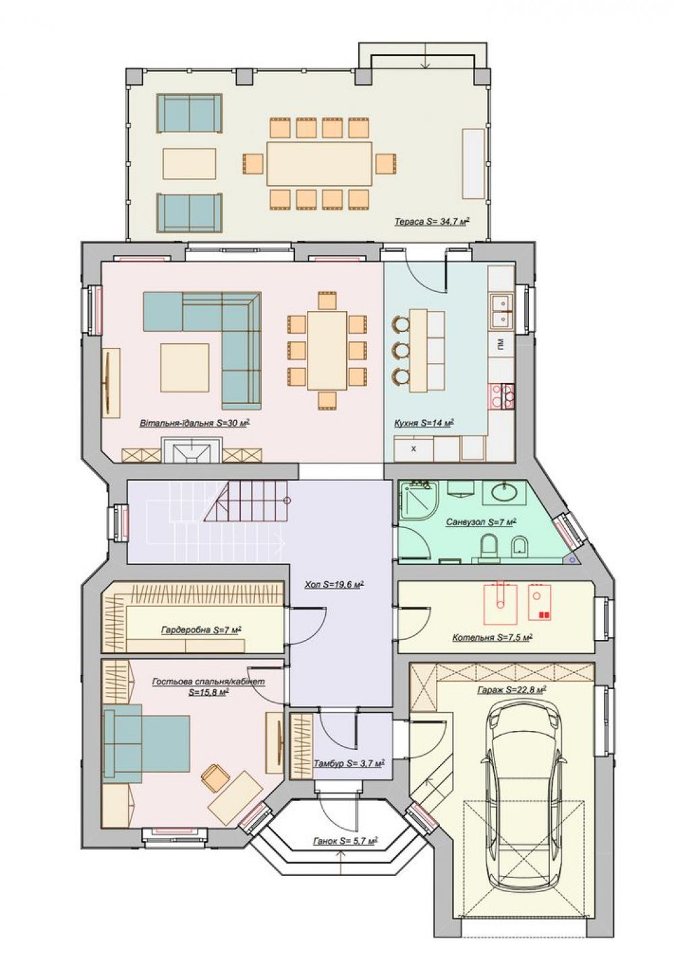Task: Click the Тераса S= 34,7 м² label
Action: (432, 222)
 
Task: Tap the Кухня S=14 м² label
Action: (424, 423)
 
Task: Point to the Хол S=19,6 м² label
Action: (335, 585)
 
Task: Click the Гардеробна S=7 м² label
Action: (201, 631)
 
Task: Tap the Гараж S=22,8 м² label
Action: (512, 690)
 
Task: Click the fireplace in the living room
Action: (192, 450)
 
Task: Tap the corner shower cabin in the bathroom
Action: (419, 500)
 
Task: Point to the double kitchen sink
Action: (501, 311)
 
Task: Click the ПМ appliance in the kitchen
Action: (501, 344)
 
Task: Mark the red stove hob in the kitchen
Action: (501, 396)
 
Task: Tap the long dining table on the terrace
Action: (320, 164)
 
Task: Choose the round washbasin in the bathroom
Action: (504, 492)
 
